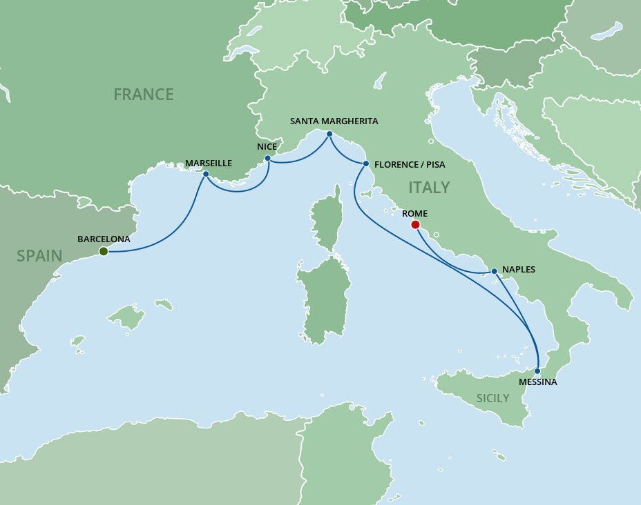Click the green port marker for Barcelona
tap(103, 251)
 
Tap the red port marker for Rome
tap(415, 224)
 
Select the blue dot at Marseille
tap(206, 174)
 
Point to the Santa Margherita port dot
tap(329, 133)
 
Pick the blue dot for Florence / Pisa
tap(365, 164)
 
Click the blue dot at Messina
tap(537, 370)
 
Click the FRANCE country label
tap(144, 94)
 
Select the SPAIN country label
tap(39, 256)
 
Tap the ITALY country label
tap(429, 187)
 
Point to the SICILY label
tap(492, 398)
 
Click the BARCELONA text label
tap(104, 239)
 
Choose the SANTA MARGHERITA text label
tap(334, 121)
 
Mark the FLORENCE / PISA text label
tap(410, 164)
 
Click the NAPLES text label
tap(519, 270)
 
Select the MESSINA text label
tap(538, 382)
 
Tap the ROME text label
tap(414, 213)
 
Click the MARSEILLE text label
tap(209, 163)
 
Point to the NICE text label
tap(266, 146)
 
